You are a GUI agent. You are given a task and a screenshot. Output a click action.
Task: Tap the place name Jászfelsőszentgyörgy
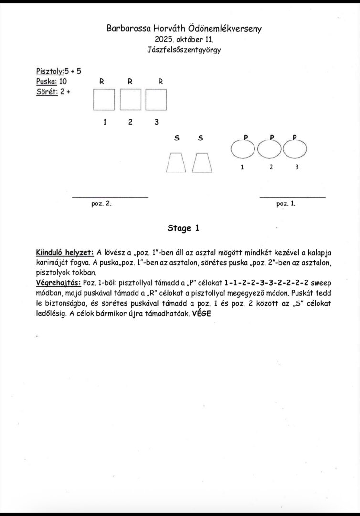point(184,50)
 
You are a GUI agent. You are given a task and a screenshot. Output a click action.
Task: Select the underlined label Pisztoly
point(50,71)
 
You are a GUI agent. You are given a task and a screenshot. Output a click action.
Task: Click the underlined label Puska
point(46,81)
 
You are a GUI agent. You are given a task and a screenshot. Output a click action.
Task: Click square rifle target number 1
point(104,100)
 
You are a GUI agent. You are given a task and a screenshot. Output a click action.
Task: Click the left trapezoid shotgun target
point(176,163)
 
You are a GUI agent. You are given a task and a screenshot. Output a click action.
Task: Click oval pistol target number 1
point(244,150)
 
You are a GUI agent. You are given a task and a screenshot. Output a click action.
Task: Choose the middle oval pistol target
point(270,150)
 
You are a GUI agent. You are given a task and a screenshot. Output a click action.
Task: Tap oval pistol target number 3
point(296,150)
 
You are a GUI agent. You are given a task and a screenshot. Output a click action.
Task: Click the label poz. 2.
point(101,204)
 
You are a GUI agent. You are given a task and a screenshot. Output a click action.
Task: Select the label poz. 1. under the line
point(286,204)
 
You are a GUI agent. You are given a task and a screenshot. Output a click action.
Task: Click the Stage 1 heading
point(183,228)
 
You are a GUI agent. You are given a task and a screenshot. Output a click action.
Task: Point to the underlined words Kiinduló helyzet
point(64,252)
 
